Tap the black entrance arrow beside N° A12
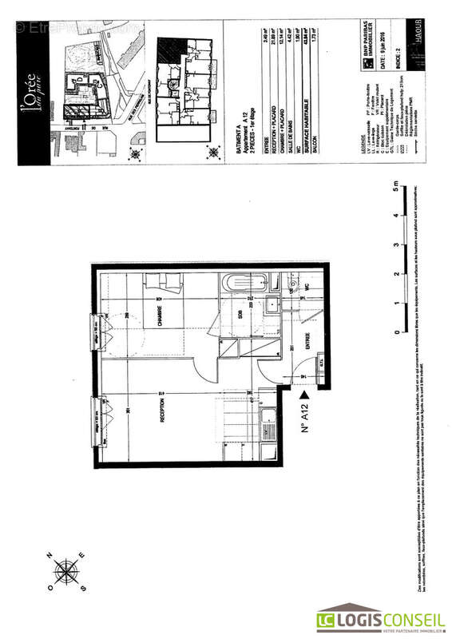[x=303, y=394]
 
